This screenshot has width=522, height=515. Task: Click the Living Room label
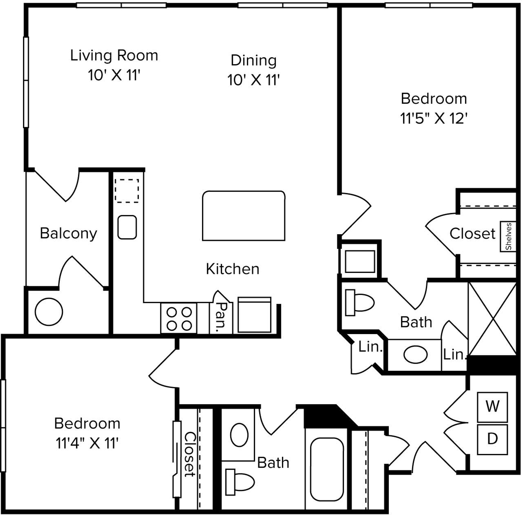pos(114,55)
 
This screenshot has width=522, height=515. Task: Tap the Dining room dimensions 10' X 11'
pos(253,80)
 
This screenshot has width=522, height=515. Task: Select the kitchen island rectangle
pos(243,216)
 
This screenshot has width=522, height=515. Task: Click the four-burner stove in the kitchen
pos(179,318)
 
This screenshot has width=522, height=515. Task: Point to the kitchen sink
pos(127,227)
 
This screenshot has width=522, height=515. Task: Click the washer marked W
pos(492,407)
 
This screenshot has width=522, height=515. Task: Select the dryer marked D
pos(492,439)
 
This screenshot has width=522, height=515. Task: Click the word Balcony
pos(68,233)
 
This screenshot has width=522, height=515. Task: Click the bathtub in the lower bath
pos(327,469)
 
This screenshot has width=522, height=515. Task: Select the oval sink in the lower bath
pos(239,435)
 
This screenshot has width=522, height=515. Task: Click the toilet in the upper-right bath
pos(360,302)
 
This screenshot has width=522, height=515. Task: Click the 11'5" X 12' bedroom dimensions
pos(434,119)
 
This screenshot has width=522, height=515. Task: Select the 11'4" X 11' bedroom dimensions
pos(87,443)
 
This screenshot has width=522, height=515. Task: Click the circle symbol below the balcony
pos(49,312)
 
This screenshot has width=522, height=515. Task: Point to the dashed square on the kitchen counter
pos(127,191)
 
